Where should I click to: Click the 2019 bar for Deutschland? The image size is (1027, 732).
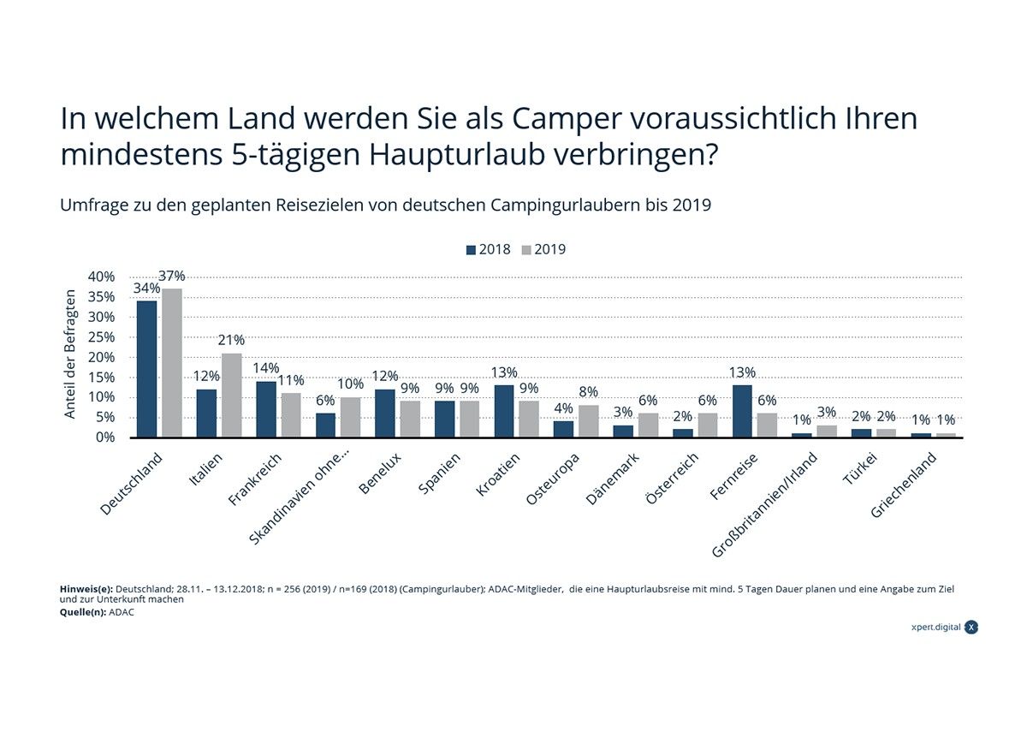point(172,363)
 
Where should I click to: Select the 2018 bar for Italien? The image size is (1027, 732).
point(206,414)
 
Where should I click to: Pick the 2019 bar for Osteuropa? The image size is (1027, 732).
point(589,421)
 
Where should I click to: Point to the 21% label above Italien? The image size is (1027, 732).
point(231,341)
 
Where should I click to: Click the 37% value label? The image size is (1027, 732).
point(172,277)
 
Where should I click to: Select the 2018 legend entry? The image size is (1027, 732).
point(488,250)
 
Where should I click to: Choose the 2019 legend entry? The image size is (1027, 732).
point(543,250)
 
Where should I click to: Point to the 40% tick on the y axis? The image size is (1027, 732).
point(100,277)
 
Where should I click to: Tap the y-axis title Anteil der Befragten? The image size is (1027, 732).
point(71,354)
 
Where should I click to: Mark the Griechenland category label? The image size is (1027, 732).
point(904,485)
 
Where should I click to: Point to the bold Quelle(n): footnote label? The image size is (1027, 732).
point(83,612)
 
